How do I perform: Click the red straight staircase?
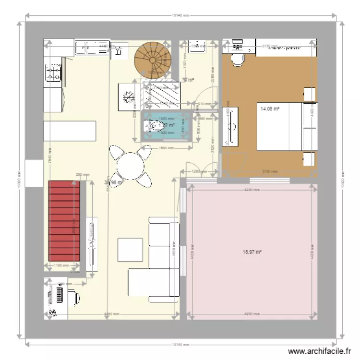[64, 221]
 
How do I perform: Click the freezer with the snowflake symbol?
[128, 97]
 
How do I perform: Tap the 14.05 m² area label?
[270, 109]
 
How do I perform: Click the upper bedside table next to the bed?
[310, 94]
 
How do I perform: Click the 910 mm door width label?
[200, 104]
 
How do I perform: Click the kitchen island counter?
[70, 131]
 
